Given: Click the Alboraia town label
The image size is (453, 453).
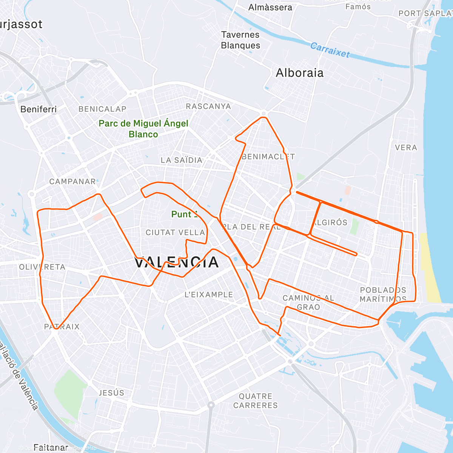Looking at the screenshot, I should pos(300,73).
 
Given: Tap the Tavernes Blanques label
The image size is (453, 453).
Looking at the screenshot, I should pos(240,40).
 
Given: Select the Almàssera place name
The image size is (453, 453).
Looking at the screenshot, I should pos(270,7).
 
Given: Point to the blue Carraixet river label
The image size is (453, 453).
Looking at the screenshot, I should pos(330,50).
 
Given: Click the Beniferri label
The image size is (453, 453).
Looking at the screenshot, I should pos(39,109).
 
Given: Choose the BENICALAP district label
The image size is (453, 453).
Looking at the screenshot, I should pos(102,109).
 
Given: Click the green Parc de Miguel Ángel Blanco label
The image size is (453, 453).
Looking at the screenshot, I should pos(143,129).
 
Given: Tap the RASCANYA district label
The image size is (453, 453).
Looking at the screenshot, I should pos(208,106).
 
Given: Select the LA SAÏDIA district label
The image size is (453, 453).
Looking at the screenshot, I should pos(182,160).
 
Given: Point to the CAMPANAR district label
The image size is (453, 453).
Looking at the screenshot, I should pos(72,182).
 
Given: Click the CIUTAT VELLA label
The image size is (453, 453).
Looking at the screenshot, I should pos(175,233).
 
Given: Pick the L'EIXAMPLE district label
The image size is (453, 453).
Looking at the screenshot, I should pos(209,294).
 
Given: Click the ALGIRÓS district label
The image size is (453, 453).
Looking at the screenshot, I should pos(330,222).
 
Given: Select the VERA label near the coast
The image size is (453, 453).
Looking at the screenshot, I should pos(406,148).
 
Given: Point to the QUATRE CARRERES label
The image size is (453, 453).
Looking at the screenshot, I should pos(256,401).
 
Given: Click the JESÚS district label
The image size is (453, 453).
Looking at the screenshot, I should pos(111,393).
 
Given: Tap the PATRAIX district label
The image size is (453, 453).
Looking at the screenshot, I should pos(62,327).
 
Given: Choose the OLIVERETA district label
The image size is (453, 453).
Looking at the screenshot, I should pos(42,267).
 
